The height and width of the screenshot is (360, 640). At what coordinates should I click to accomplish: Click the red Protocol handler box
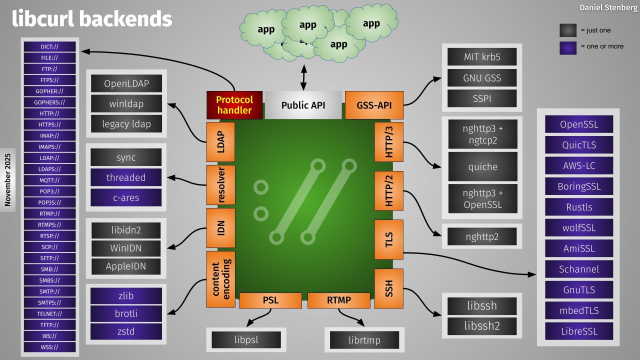(x=233, y=105)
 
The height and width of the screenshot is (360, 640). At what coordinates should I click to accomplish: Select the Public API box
(x=302, y=105)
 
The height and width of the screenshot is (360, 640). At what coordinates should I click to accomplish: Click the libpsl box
(x=246, y=340)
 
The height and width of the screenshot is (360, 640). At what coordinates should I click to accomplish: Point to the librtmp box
(x=358, y=340)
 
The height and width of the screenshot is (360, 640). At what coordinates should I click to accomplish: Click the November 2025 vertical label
(x=8, y=179)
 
